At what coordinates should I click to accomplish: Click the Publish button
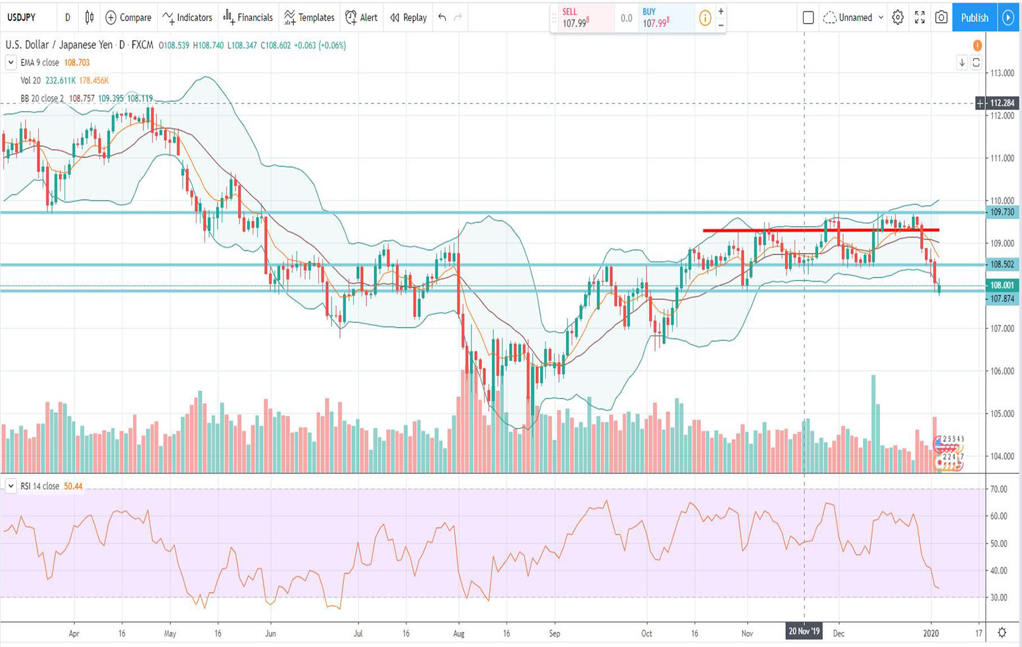point(974,18)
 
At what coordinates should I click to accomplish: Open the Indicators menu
point(187,18)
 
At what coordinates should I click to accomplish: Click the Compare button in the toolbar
point(128,18)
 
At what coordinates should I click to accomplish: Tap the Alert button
point(362,18)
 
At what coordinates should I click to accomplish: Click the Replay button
point(408,18)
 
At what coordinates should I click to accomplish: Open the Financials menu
point(248,18)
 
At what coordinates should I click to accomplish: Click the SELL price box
point(582,18)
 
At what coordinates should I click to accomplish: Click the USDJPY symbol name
point(22,18)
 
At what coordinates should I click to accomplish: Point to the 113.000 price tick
point(1002,73)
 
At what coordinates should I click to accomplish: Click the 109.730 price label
point(1002,212)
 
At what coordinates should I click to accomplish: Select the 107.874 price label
point(1002,299)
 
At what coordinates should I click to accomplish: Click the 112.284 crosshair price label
point(1002,103)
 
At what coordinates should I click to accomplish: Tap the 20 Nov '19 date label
point(804,631)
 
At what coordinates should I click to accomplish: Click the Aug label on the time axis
point(459,634)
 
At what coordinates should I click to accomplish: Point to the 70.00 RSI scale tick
point(998,489)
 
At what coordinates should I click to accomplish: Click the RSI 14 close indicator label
point(39,487)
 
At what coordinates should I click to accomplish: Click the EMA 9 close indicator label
point(39,62)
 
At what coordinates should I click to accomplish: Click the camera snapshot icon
point(941,18)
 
